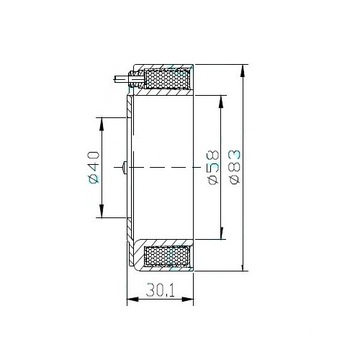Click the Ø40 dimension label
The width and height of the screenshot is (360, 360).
[94, 167]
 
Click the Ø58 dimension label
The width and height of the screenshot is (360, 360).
[213, 167]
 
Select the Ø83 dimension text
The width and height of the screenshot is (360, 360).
[235, 167]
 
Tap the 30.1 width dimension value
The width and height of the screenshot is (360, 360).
[160, 291]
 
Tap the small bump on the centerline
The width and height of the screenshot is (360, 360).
[124, 167]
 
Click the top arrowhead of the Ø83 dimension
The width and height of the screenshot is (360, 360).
[243, 71]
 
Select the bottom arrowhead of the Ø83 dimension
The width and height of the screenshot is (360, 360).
[243, 264]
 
